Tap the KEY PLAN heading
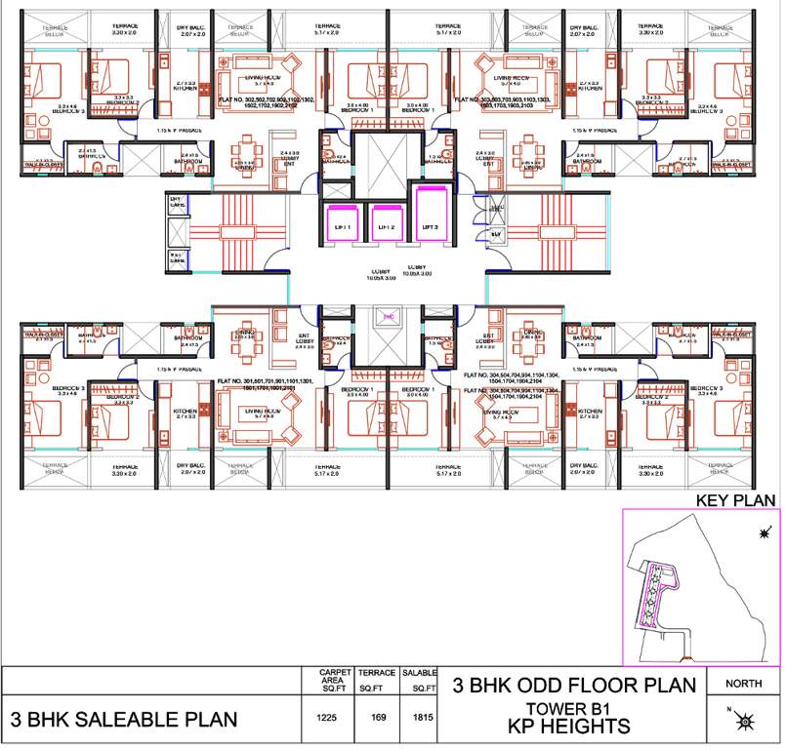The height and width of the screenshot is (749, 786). [734, 500]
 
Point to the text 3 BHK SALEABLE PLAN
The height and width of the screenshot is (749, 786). [124, 721]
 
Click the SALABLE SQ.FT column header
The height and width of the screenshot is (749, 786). [420, 680]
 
